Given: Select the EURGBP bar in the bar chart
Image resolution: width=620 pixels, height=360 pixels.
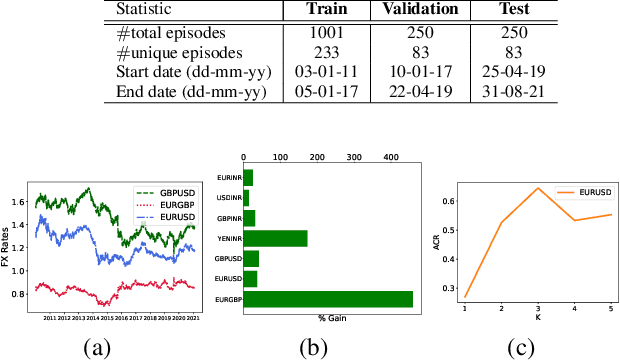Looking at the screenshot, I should point(328,298).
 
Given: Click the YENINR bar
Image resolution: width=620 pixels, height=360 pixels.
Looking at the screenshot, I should point(275,238).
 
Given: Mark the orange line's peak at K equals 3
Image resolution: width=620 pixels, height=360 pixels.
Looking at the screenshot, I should point(538,188).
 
